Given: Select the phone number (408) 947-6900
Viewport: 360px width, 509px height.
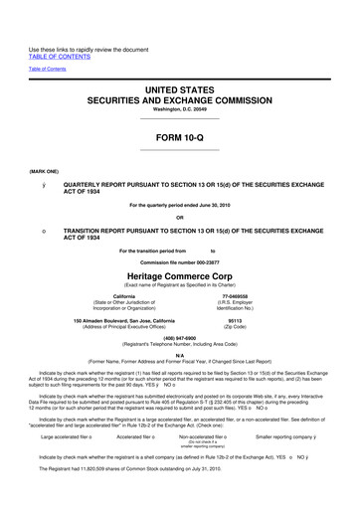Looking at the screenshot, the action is [x=179, y=336].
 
